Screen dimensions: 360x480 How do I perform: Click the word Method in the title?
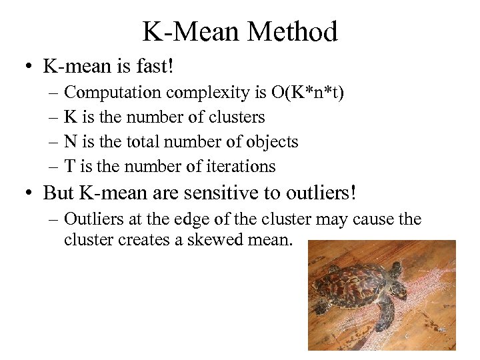291,31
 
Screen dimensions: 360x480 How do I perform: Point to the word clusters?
237,117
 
